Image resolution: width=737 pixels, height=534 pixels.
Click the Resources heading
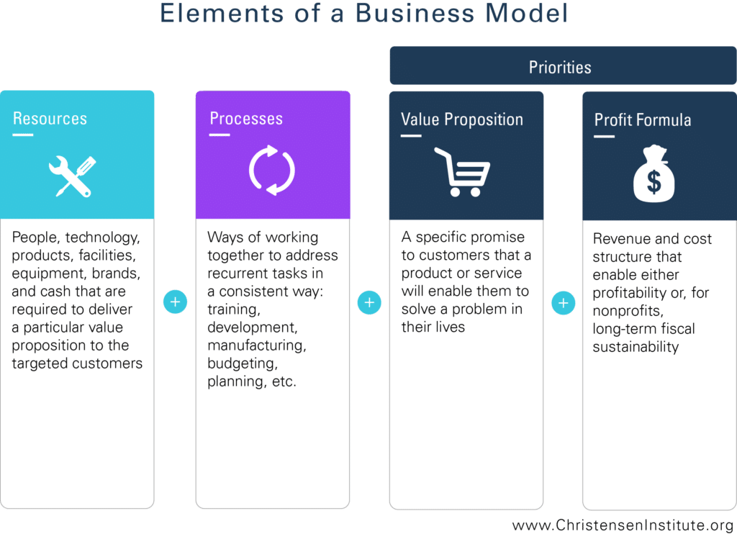tap(50, 119)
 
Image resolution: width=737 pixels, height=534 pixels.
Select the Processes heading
tap(246, 119)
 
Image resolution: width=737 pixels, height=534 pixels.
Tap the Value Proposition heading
tap(461, 119)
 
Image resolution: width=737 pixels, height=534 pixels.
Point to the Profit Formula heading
tap(643, 120)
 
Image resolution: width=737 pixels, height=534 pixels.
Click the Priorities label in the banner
tap(560, 67)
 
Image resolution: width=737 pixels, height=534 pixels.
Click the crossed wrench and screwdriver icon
tap(73, 176)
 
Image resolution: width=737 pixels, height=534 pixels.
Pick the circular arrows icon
tap(271, 170)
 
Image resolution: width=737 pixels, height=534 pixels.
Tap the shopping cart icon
tap(462, 172)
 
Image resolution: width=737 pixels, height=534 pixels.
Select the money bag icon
tap(654, 173)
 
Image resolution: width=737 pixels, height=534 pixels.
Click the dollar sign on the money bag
tap(654, 181)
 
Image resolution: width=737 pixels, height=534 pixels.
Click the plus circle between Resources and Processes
tap(176, 302)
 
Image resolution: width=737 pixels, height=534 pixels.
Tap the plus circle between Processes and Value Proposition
tap(369, 302)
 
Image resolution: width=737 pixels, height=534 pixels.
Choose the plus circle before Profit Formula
tap(563, 303)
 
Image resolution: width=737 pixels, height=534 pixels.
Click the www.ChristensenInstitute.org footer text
tap(623, 525)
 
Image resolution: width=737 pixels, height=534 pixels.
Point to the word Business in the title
tap(415, 13)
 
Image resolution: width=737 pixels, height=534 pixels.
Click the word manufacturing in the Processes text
tap(257, 345)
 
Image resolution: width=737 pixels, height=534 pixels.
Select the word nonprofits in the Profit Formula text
tap(628, 311)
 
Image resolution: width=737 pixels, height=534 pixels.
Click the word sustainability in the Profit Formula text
tap(636, 347)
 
